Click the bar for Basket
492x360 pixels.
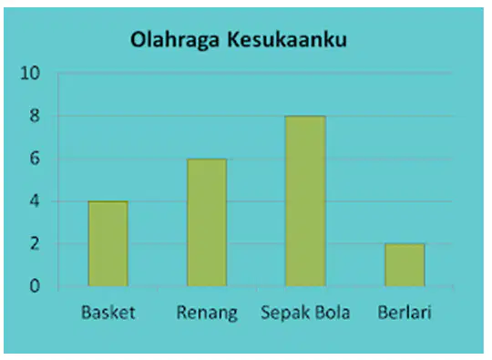pyautogui.click(x=108, y=243)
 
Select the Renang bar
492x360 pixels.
pyautogui.click(x=207, y=222)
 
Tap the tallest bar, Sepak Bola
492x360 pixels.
pyautogui.click(x=305, y=201)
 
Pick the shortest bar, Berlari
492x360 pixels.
pyautogui.click(x=405, y=265)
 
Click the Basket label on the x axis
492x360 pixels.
pyautogui.click(x=108, y=313)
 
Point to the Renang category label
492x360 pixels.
pyautogui.click(x=207, y=314)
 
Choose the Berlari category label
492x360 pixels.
pyautogui.click(x=405, y=313)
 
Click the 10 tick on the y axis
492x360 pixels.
pyautogui.click(x=30, y=74)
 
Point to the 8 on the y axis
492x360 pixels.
pyautogui.click(x=35, y=116)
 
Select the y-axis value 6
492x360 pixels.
pyautogui.click(x=35, y=159)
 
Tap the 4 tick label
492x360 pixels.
pyautogui.click(x=35, y=201)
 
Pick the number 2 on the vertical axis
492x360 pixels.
pyautogui.click(x=35, y=244)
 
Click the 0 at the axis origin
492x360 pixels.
pyautogui.click(x=35, y=286)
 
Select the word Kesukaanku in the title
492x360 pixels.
pyautogui.click(x=287, y=39)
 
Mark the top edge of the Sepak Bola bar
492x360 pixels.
pyautogui.click(x=305, y=117)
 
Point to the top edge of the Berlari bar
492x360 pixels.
pyautogui.click(x=405, y=244)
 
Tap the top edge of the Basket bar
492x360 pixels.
pyautogui.click(x=108, y=201)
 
